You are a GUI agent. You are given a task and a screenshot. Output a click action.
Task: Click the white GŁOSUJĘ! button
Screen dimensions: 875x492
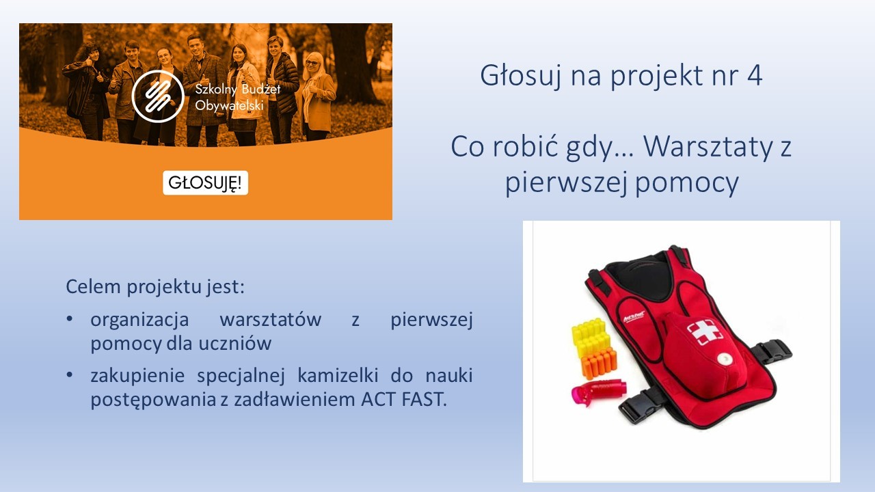coord(206,182)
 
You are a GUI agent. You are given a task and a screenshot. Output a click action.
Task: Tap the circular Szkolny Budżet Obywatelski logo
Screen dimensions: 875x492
coord(158,96)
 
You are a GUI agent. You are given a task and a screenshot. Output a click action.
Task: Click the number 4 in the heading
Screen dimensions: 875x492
coord(755,75)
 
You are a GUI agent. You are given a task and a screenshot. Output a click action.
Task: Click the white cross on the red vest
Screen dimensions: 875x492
coord(705,331)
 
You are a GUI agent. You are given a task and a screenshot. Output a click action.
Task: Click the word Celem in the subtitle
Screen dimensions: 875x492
coord(94,286)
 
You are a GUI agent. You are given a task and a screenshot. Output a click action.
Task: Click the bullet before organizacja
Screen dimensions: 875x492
coord(70,318)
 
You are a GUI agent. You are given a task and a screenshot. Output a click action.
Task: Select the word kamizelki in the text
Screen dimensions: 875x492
coord(338,376)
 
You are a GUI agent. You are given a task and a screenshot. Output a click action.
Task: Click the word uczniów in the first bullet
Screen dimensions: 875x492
coord(235,344)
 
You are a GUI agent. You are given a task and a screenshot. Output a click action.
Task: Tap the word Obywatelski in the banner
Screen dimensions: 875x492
coord(229,105)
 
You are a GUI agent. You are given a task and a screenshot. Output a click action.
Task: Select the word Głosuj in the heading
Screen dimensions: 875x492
coord(521,76)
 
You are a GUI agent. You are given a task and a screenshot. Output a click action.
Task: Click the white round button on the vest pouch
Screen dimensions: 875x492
coord(723,358)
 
